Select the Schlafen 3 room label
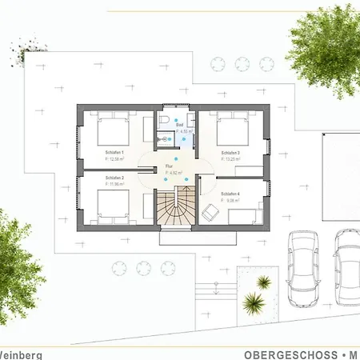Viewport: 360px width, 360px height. [231, 151]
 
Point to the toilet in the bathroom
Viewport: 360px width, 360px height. [162, 121]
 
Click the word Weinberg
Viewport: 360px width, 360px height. [21, 354]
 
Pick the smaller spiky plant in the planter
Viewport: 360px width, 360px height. [262, 281]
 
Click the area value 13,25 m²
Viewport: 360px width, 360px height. [233, 158]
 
